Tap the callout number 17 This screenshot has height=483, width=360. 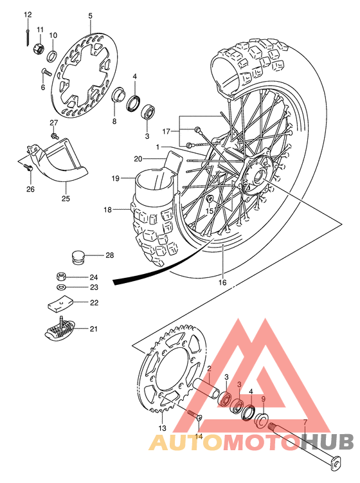(166, 131)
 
